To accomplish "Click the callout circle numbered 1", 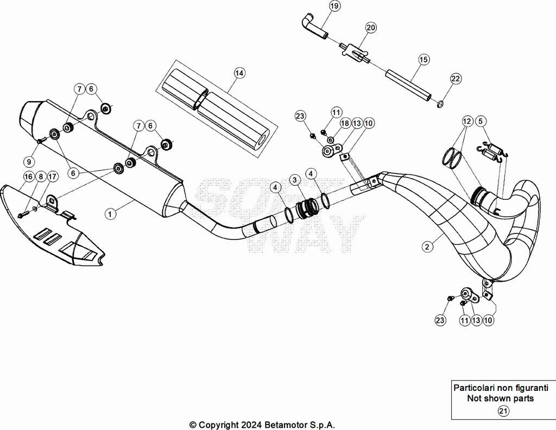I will click(x=110, y=214).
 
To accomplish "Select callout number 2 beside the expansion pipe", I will click(x=428, y=246).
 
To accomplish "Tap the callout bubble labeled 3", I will click(x=294, y=180).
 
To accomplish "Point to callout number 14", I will click(x=239, y=72).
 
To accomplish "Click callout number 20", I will click(x=370, y=27).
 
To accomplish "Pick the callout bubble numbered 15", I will click(x=424, y=59).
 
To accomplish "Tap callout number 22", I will click(x=456, y=79).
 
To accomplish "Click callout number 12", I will click(x=466, y=121).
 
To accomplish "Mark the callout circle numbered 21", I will click(x=503, y=411).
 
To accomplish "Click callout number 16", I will click(x=28, y=176).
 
